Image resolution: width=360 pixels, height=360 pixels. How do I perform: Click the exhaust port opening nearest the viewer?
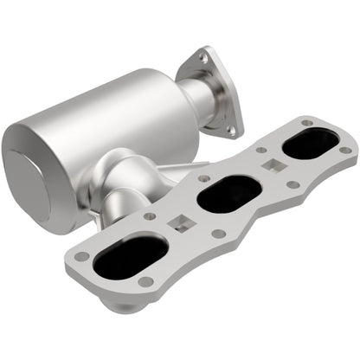pyautogui.click(x=131, y=257)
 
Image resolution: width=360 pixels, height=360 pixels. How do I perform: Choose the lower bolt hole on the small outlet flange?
pyautogui.click(x=231, y=131)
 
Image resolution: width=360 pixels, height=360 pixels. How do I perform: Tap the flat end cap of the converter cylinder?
pyautogui.click(x=35, y=177)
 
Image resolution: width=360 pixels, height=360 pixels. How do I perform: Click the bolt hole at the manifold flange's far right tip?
pyautogui.click(x=345, y=150)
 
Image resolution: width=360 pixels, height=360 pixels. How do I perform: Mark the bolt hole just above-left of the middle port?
pyautogui.click(x=200, y=177)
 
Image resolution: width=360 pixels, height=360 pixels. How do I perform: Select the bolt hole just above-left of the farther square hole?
pyautogui.click(x=260, y=150)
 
